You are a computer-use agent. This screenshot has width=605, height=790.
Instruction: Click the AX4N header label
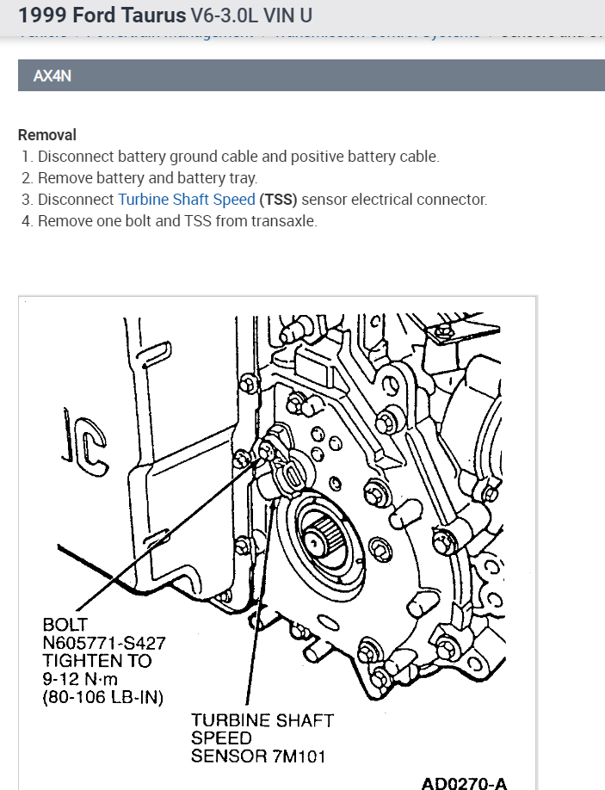[52, 76]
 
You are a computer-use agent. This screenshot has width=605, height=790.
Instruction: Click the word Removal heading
[47, 135]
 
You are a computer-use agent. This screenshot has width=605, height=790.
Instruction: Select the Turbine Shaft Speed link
[187, 200]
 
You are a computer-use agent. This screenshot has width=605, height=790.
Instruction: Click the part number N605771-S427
[104, 642]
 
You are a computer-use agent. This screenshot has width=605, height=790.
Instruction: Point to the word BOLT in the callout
[65, 624]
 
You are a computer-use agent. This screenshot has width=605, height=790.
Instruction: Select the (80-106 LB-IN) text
[102, 697]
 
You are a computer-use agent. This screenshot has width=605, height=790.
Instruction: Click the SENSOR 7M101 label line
[257, 756]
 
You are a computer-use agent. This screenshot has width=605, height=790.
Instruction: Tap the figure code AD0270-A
[464, 782]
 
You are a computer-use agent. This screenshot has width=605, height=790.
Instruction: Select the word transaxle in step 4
[284, 220]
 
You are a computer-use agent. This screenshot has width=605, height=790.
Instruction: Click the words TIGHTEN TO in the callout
[96, 661]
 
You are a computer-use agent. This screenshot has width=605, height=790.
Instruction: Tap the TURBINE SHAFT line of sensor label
[262, 720]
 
